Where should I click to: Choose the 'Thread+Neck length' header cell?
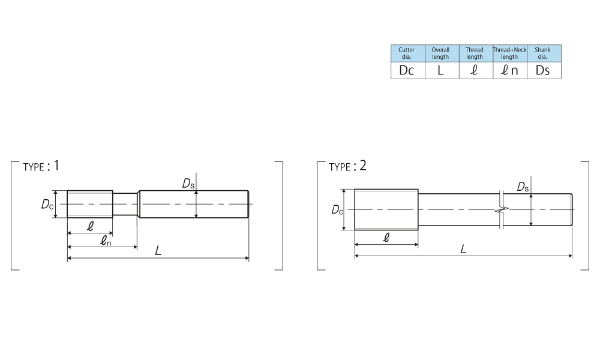pyautogui.click(x=510, y=53)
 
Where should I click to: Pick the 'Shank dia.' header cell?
pyautogui.click(x=544, y=53)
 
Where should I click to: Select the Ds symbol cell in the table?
pyautogui.click(x=544, y=70)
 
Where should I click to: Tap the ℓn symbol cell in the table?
pyautogui.click(x=510, y=70)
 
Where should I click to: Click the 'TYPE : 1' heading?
pyautogui.click(x=41, y=166)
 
